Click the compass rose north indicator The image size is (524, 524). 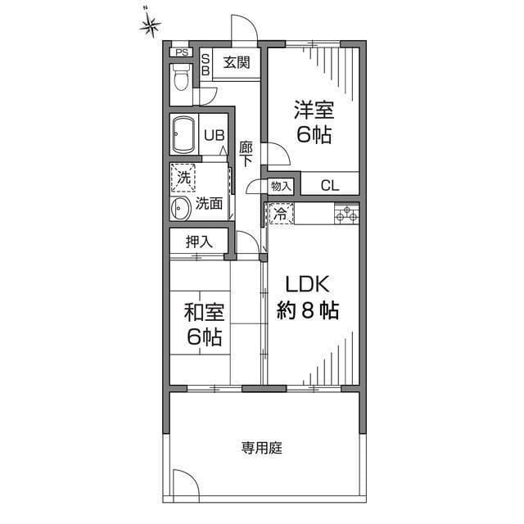pyautogui.click(x=151, y=25)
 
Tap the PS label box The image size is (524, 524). pyautogui.click(x=182, y=52)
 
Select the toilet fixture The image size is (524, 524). pyautogui.click(x=181, y=78)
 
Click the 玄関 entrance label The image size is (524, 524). pyautogui.click(x=237, y=62)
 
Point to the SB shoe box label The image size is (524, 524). pyautogui.click(x=206, y=65)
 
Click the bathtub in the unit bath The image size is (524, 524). pyautogui.click(x=183, y=134)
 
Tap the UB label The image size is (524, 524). pyautogui.click(x=215, y=136)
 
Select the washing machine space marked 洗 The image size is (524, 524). pyautogui.click(x=183, y=178)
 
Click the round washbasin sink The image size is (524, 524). pyautogui.click(x=181, y=209)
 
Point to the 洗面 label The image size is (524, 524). pyautogui.click(x=210, y=203)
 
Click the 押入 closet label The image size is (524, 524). pyautogui.click(x=199, y=242)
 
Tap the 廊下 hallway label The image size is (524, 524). pyautogui.click(x=246, y=155)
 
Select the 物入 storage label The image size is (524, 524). pyautogui.click(x=281, y=186)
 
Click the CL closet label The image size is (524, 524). pyautogui.click(x=330, y=186)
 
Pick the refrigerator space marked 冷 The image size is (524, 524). pyautogui.click(x=282, y=213)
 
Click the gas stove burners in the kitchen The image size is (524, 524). pyautogui.click(x=347, y=214)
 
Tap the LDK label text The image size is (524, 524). pyautogui.click(x=307, y=284)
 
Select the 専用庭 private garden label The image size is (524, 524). pyautogui.click(x=262, y=448)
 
